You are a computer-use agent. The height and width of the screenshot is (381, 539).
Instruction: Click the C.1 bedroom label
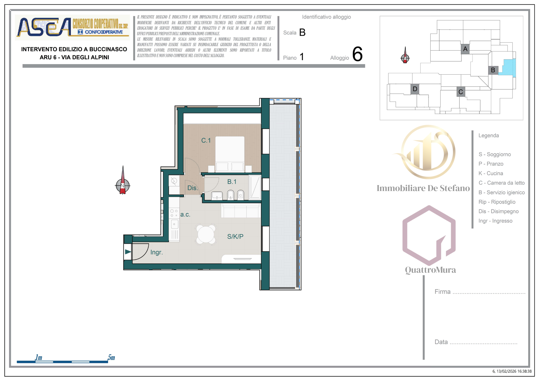coord(206,140)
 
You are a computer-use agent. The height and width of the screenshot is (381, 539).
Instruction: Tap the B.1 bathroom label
coord(232,182)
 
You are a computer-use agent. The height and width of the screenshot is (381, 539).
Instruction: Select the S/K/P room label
coord(235,237)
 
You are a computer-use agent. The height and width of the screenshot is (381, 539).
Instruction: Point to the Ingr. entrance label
coord(157,252)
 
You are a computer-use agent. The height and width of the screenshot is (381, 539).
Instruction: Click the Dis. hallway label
coord(193,188)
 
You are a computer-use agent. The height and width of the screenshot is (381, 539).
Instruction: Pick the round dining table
coord(206,234)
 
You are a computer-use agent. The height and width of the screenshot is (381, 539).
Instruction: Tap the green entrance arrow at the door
coord(128,252)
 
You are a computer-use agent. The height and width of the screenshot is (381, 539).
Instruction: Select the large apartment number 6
coord(357,54)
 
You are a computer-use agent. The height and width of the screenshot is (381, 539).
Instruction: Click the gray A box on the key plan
coord(465,49)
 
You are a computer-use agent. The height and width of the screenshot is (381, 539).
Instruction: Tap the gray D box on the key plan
coord(415,89)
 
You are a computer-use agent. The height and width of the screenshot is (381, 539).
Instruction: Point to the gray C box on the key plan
coord(461,92)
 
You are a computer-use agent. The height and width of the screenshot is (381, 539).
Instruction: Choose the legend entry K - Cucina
coord(491,173)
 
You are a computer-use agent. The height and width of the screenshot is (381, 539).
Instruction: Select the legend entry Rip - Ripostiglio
coord(497,202)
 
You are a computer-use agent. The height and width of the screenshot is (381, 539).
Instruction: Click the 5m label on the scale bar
coord(111,358)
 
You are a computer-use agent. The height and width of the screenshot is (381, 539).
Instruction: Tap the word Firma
coord(443,292)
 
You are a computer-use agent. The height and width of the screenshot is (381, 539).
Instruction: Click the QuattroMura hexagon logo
coord(429,235)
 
